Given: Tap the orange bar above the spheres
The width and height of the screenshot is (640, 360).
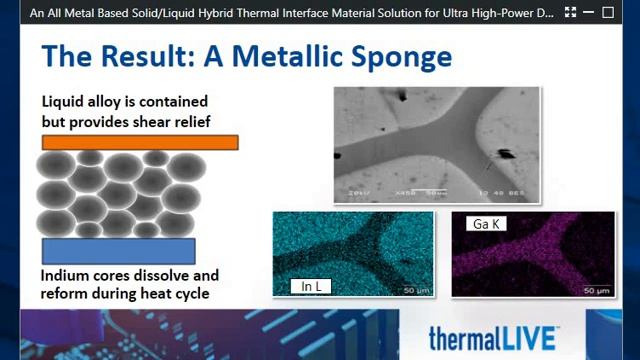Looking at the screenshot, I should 140,143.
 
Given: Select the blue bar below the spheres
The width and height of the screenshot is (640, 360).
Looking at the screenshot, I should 118,250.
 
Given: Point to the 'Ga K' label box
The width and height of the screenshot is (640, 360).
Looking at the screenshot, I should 486,224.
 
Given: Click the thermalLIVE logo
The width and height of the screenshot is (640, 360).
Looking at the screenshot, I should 493,337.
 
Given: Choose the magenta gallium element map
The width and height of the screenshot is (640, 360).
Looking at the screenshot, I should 532,255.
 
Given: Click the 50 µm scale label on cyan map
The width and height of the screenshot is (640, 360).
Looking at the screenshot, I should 417,290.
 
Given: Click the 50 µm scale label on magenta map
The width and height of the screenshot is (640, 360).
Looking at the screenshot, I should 598,290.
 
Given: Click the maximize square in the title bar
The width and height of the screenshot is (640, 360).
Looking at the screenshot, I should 607,13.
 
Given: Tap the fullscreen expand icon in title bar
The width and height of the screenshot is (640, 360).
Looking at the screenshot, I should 570,13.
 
